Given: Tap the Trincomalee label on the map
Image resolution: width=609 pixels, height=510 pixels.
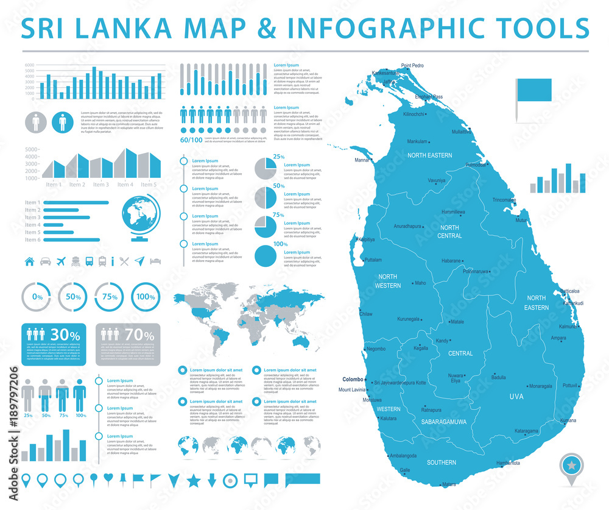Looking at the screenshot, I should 504,200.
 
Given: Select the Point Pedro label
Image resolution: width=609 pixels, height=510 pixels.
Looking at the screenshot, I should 412,65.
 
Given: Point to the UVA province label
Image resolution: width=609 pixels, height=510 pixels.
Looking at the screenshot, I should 516,397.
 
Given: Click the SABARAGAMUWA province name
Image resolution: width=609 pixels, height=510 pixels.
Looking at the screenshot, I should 440,421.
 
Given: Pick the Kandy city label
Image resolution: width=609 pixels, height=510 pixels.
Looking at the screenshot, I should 442,341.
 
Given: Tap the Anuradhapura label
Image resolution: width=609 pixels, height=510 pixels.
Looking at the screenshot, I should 408,226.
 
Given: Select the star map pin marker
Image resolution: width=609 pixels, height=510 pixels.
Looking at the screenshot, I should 573,467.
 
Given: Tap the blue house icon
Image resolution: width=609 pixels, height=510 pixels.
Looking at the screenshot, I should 29,262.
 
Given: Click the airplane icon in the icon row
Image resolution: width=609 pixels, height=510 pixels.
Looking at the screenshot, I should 60,262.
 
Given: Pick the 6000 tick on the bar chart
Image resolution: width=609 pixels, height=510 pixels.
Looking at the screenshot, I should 29,65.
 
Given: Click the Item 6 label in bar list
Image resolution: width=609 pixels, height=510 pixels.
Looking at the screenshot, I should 32,239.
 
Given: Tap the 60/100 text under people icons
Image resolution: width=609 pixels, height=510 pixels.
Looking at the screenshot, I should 191,140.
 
